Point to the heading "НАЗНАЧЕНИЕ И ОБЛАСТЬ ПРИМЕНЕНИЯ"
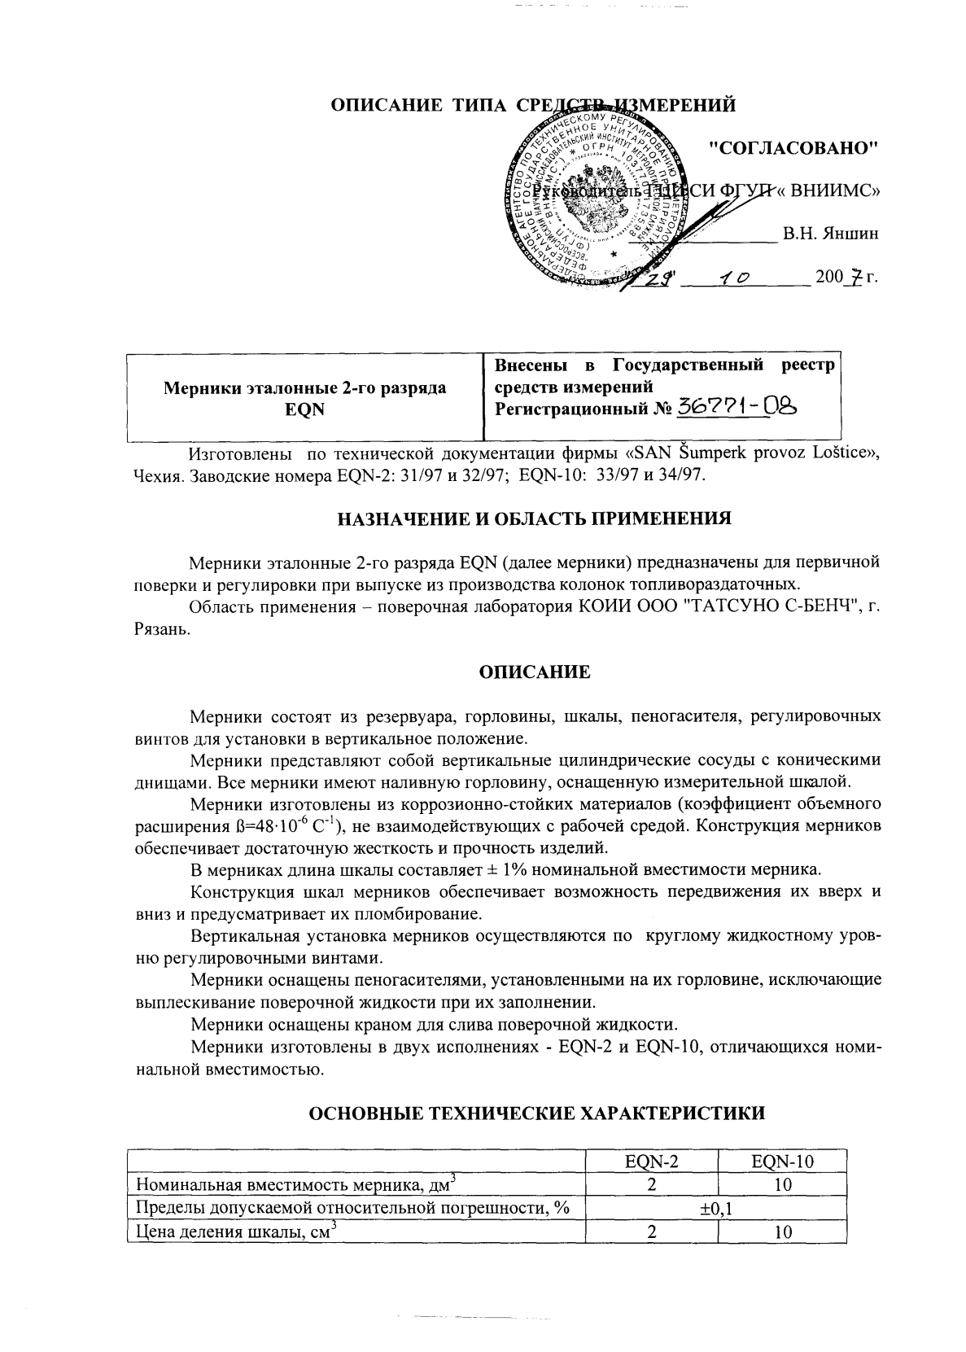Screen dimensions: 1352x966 (535, 518)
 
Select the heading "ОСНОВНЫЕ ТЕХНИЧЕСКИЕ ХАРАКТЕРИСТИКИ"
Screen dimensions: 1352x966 (535, 1113)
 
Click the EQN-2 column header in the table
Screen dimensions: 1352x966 (651, 1162)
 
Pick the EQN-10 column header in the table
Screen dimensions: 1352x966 (782, 1162)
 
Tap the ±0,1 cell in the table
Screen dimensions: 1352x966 (716, 1209)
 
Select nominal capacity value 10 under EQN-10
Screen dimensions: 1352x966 (782, 1185)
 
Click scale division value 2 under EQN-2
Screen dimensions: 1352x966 (651, 1232)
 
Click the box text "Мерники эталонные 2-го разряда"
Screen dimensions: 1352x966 (305, 388)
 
